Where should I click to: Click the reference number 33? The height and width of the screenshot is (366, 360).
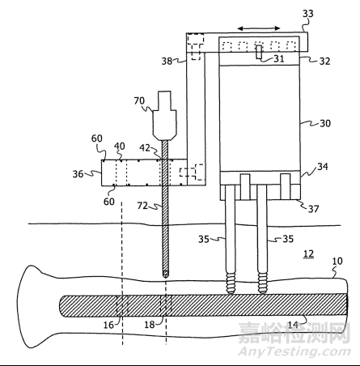pos(308,14)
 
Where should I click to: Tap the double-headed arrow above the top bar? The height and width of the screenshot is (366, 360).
pos(259,28)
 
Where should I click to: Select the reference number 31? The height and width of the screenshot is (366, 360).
pos(279,58)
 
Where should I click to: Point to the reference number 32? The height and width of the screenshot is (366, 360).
pos(324,62)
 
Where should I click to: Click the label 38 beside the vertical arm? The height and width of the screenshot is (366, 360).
pos(167,61)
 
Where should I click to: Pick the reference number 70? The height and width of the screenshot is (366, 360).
pos(139,101)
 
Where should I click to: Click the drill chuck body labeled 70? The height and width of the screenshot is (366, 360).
pos(164,116)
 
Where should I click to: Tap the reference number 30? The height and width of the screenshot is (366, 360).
pos(325,123)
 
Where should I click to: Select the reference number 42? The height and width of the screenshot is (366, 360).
pos(145,148)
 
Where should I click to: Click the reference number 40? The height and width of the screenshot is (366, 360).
pos(120,147)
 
